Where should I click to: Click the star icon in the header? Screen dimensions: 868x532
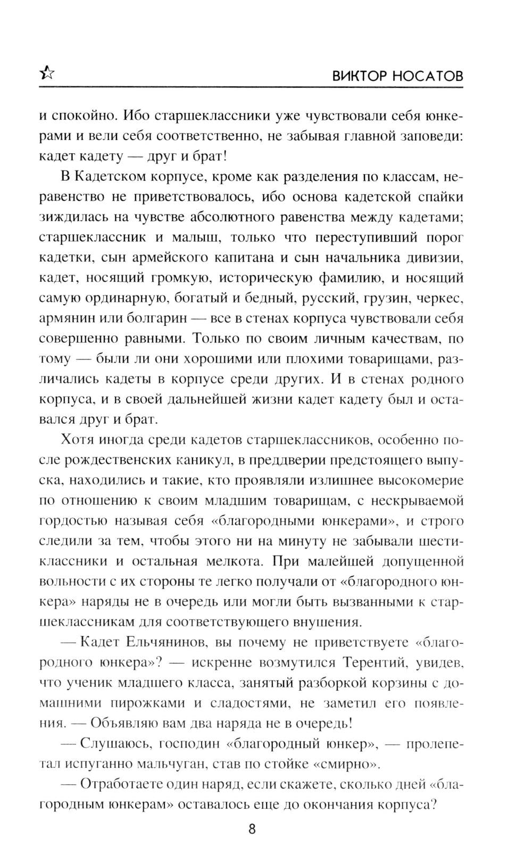click(x=47, y=74)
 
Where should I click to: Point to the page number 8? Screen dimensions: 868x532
click(x=252, y=829)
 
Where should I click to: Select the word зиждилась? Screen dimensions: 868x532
click(x=70, y=217)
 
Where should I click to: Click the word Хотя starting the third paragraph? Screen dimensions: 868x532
click(x=78, y=439)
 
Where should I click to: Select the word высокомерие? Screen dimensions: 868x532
click(x=421, y=480)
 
